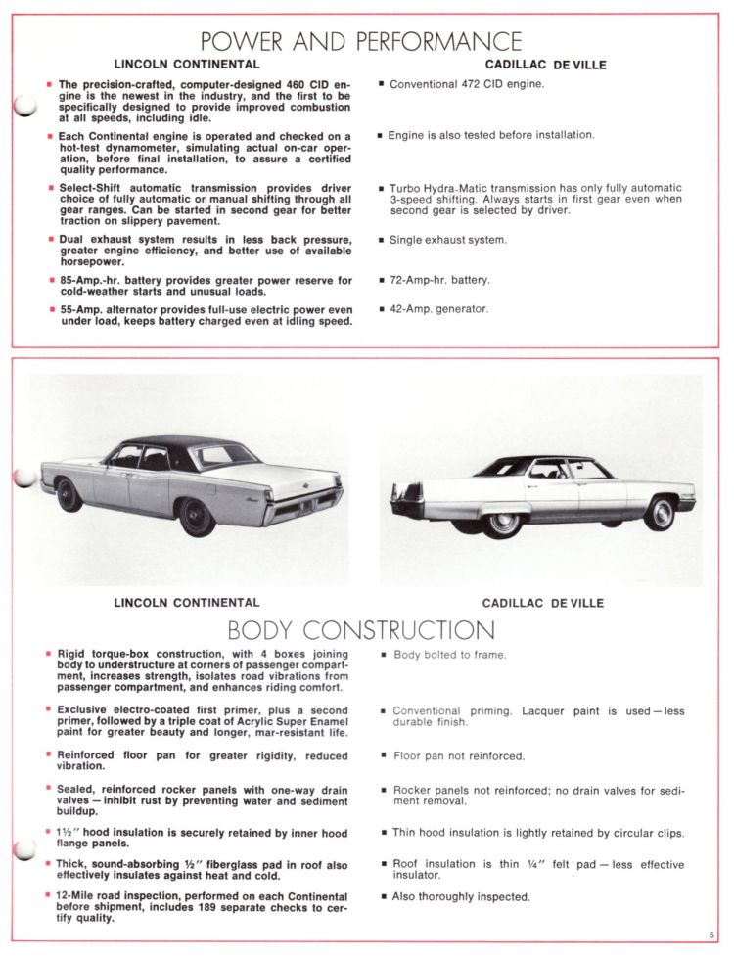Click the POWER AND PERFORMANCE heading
361,42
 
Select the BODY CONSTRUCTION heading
361,629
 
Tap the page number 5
712,935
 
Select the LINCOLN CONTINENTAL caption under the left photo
187,603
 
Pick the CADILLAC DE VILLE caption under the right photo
542,603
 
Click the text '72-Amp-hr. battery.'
439,280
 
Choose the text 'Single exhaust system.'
447,240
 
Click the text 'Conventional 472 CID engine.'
466,84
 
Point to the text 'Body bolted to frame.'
449,655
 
